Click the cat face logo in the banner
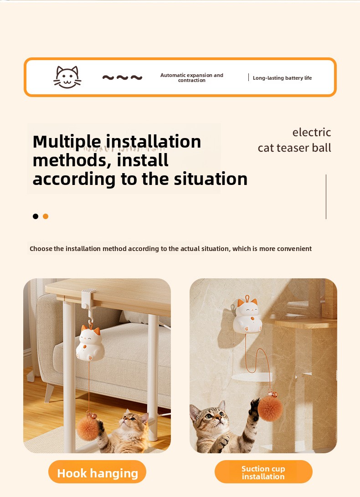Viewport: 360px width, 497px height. tap(67, 77)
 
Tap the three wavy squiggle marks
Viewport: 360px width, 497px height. tap(122, 77)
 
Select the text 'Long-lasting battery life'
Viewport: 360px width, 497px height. tap(282, 78)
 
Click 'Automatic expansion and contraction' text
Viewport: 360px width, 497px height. tap(191, 77)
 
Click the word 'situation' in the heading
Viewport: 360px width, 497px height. tap(211, 179)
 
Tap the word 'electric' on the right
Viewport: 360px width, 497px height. tap(312, 132)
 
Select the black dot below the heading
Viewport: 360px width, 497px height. tap(36, 216)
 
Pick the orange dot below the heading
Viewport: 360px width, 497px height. tap(46, 216)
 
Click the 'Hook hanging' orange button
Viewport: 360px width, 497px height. tap(98, 472)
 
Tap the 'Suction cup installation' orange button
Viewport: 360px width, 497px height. tap(263, 472)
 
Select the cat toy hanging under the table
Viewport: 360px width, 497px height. tap(90, 344)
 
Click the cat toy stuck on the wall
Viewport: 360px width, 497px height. tap(247, 315)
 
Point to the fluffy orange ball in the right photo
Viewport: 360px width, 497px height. tap(270, 408)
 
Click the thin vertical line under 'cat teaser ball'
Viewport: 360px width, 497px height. tap(326, 196)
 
